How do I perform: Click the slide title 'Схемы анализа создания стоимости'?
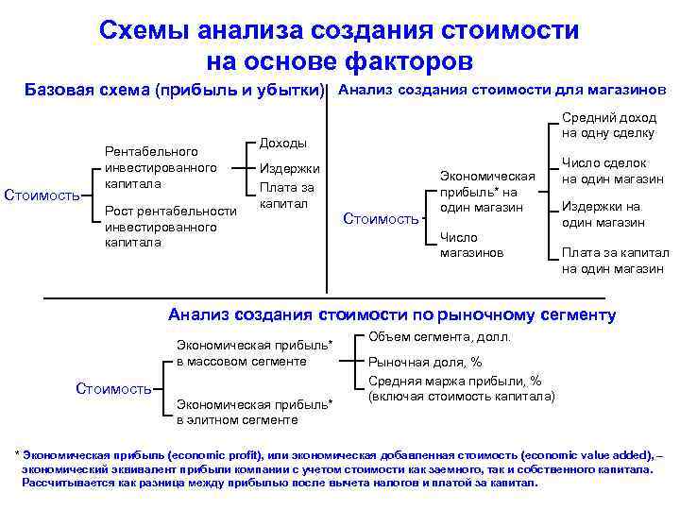point(339,30)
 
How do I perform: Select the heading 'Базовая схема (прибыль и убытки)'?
point(174,92)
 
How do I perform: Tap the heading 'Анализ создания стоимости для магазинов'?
point(501,91)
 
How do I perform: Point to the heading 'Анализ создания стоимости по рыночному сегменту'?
point(391,314)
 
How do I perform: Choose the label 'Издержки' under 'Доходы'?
point(289,169)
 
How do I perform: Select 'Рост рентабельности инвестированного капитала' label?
point(170,226)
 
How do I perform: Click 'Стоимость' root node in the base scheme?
point(42,195)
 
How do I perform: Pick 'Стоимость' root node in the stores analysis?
point(380,219)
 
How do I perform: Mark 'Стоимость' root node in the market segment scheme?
point(112,388)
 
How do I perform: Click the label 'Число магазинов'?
point(471,245)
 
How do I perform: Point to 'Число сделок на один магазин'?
point(612,171)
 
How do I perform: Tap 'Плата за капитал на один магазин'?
point(612,260)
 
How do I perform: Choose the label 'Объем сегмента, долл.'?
point(438,337)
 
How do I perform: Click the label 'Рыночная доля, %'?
point(424,362)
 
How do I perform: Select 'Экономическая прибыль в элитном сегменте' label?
point(254,411)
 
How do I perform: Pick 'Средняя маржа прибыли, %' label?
point(454,381)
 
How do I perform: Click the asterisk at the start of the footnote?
point(17,455)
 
